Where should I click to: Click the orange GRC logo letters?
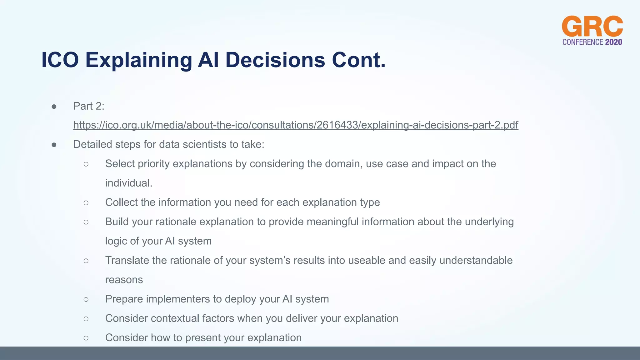pos(592,27)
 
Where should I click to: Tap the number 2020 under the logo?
pos(613,42)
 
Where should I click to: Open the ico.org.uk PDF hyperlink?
pos(296,125)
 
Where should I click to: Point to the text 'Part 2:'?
pos(89,106)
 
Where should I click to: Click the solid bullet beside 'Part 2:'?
pos(54,107)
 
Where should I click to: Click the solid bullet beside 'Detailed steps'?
pos(54,145)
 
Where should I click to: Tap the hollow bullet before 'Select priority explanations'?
pos(86,164)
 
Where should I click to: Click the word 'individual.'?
pos(129,183)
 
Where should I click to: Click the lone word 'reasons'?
pos(124,280)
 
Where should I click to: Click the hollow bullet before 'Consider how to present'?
pos(86,338)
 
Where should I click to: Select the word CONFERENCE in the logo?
pos(582,42)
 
